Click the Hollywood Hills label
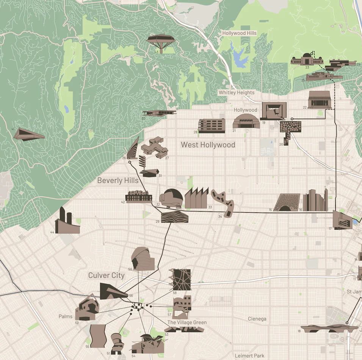(239, 33)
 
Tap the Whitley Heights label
(237, 92)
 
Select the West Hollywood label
(208, 145)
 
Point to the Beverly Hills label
(118, 180)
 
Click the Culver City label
(107, 275)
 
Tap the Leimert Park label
(249, 356)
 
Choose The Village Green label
(187, 322)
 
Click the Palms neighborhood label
(66, 316)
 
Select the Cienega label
(257, 319)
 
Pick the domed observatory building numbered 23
(307, 60)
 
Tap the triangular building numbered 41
(29, 134)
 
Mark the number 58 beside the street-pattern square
(175, 293)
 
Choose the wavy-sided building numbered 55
(97, 336)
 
